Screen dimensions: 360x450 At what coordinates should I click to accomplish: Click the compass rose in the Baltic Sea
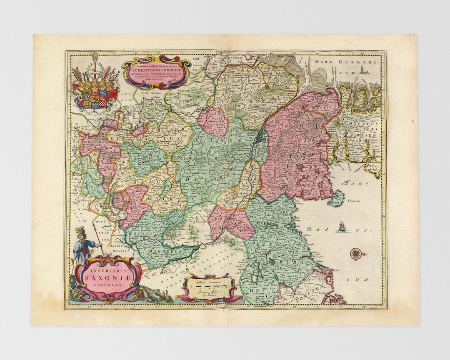tap(355, 253)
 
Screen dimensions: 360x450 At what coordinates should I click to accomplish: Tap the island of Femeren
tap(336, 199)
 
